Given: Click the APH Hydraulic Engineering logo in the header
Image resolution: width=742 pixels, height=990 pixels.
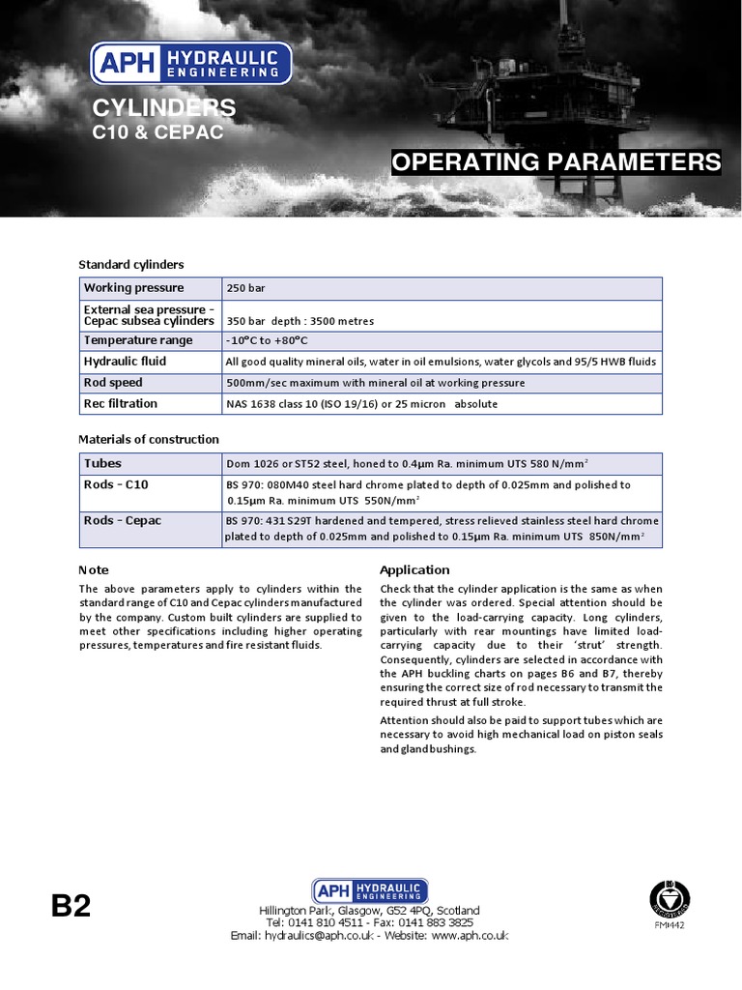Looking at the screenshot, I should (190, 63).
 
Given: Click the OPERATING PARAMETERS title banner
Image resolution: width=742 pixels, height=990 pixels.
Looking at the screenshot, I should (556, 162).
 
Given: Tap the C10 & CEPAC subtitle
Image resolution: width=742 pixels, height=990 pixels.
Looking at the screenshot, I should (157, 132).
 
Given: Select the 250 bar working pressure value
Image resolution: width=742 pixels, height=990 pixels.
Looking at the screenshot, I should (245, 289).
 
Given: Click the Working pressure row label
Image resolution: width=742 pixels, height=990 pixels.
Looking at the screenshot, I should (133, 288).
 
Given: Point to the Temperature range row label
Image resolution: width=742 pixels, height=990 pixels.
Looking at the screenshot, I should (138, 340).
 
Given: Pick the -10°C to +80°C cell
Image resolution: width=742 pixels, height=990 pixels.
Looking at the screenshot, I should (267, 341).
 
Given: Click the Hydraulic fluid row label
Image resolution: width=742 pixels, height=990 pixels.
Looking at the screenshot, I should (125, 362).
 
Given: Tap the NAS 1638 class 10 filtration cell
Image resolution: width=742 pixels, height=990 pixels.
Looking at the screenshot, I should (361, 404).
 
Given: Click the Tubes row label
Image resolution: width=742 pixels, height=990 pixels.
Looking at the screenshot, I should (102, 464).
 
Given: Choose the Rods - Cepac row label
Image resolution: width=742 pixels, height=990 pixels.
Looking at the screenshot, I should (123, 521).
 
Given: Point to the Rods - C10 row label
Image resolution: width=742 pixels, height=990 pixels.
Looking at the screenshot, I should (116, 484).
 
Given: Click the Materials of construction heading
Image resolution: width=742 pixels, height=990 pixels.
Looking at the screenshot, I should (149, 439).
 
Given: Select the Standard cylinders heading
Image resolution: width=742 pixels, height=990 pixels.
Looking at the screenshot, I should (130, 264).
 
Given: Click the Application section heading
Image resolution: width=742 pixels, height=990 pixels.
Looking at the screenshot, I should (414, 569).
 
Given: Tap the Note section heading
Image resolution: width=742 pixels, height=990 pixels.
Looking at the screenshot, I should (94, 570).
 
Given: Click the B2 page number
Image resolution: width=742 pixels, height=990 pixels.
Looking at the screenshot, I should (71, 906).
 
